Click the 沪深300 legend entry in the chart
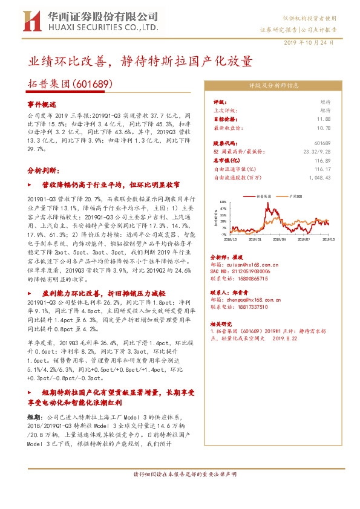click(296, 196)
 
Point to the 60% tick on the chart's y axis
click(223, 202)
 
